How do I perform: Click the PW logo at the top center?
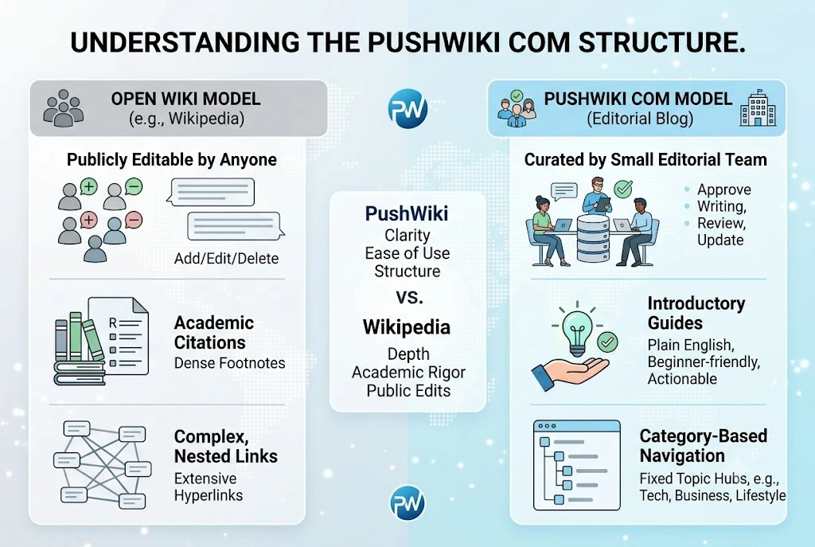(407, 109)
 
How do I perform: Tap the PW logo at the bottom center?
(407, 502)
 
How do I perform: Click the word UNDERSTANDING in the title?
(185, 43)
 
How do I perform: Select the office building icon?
(758, 108)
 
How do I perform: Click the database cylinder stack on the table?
(592, 239)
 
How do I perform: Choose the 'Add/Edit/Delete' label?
(226, 259)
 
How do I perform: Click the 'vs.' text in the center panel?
(409, 297)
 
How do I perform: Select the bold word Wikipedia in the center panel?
(407, 327)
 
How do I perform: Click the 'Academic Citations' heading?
(213, 333)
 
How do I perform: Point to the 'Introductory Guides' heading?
(696, 313)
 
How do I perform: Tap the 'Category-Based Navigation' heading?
(704, 446)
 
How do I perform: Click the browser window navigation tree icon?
(577, 465)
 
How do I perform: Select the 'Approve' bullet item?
(724, 189)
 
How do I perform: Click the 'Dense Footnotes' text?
(230, 363)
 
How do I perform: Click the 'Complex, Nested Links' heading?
(225, 446)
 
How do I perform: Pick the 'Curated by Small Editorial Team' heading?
(645, 159)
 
